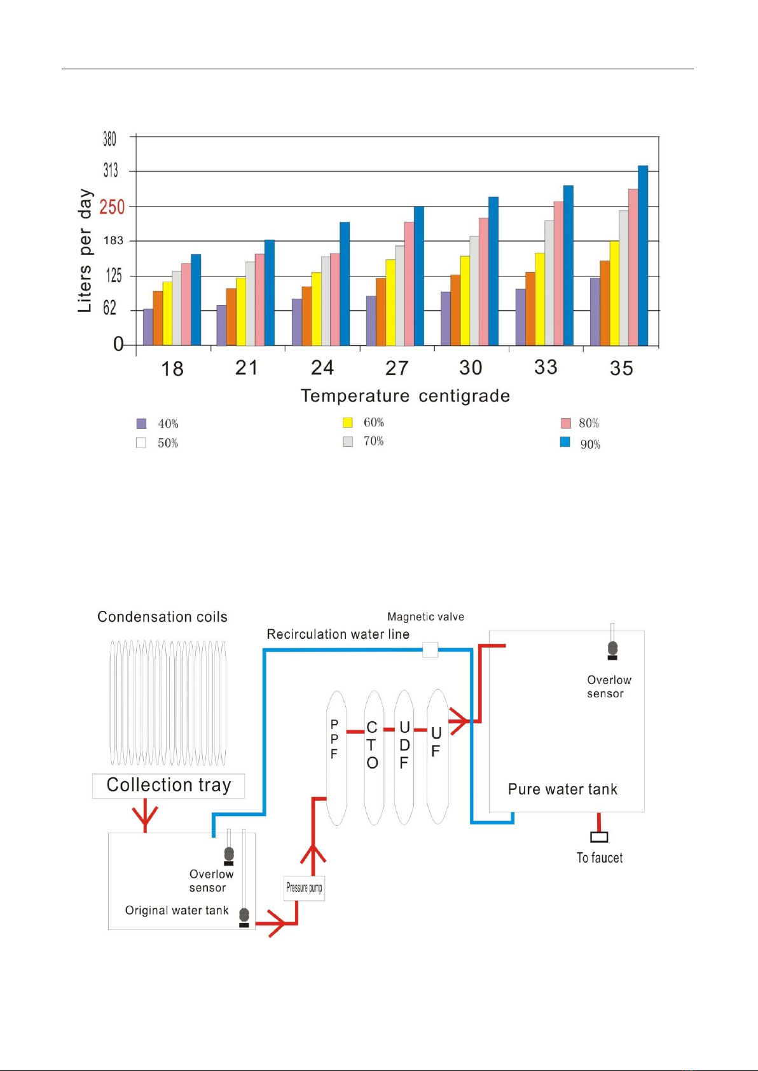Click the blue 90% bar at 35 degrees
[643, 256]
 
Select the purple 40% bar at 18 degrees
[148, 327]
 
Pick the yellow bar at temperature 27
[390, 303]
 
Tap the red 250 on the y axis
[112, 207]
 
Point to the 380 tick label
[109, 139]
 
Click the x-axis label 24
[322, 367]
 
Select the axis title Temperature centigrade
[405, 396]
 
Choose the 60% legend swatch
[348, 423]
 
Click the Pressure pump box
[304, 888]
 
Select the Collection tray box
[169, 786]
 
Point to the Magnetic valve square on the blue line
[431, 650]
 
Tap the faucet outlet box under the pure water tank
[599, 836]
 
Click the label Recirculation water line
[338, 634]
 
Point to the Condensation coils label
[162, 617]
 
